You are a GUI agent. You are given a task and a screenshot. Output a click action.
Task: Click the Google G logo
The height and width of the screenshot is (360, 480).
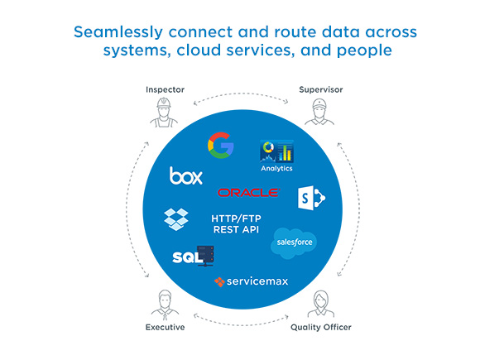pyautogui.click(x=221, y=145)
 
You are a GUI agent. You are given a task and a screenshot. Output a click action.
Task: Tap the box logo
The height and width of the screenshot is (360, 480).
pyautogui.click(x=186, y=175)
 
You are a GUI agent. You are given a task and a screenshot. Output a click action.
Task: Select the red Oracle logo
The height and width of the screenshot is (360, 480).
pyautogui.click(x=248, y=193)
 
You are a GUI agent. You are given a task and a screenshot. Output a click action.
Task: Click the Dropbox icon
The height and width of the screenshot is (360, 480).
pyautogui.click(x=176, y=219)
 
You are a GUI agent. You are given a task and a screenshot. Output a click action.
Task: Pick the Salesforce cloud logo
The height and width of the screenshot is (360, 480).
pyautogui.click(x=294, y=242)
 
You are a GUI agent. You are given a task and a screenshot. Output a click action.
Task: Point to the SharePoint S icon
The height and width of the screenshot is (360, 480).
pyautogui.click(x=312, y=198)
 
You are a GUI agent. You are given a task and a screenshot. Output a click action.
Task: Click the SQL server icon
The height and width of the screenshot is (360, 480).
pyautogui.click(x=193, y=256)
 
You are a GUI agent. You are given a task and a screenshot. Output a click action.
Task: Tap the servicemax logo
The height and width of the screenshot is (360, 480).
pyautogui.click(x=252, y=281)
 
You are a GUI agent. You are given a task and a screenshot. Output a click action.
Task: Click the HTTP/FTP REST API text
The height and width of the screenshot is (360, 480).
pyautogui.click(x=236, y=223)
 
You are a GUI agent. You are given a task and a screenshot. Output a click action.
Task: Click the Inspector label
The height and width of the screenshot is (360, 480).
pyautogui.click(x=165, y=89)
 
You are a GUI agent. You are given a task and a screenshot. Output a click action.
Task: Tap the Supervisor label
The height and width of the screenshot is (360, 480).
pyautogui.click(x=321, y=89)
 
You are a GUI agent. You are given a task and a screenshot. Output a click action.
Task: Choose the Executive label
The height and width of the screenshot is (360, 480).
pyautogui.click(x=165, y=327)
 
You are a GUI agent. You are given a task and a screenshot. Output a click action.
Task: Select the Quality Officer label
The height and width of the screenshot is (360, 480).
pyautogui.click(x=321, y=328)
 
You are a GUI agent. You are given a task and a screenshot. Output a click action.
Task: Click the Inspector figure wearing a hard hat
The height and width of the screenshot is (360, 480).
pyautogui.click(x=164, y=113)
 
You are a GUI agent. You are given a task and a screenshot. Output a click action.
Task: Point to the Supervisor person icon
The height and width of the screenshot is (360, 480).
pyautogui.click(x=319, y=112)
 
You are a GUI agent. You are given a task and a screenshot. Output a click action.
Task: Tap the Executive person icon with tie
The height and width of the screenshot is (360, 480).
pyautogui.click(x=165, y=305)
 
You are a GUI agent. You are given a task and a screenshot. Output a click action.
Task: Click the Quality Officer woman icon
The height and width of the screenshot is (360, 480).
pyautogui.click(x=321, y=304)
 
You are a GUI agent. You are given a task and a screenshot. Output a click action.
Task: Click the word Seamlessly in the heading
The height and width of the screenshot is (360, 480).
pyautogui.click(x=118, y=32)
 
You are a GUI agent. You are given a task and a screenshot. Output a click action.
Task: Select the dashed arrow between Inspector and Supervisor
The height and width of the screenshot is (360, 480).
pyautogui.click(x=241, y=94)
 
